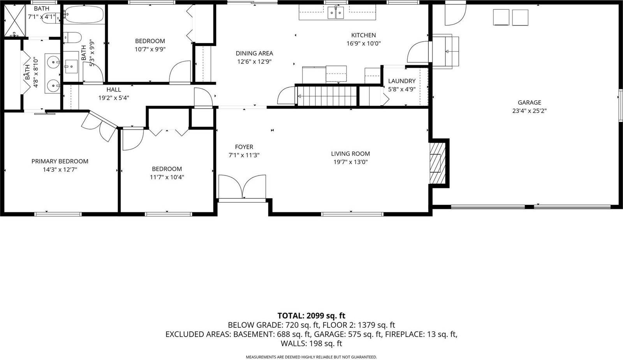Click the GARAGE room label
click(529, 103)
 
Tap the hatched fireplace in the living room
click(438, 163)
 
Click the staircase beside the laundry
click(327, 96)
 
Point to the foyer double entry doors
click(242, 188)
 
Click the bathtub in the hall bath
click(84, 15)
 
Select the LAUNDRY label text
click(402, 81)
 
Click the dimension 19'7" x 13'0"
click(350, 162)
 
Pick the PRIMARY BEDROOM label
click(60, 161)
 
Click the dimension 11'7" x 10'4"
click(167, 177)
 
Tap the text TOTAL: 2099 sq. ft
click(311, 316)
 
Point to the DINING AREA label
click(254, 53)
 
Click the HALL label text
click(114, 90)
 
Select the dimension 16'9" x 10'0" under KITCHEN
click(364, 44)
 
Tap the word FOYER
click(244, 147)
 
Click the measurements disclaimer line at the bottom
click(311, 357)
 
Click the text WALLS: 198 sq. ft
click(311, 344)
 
